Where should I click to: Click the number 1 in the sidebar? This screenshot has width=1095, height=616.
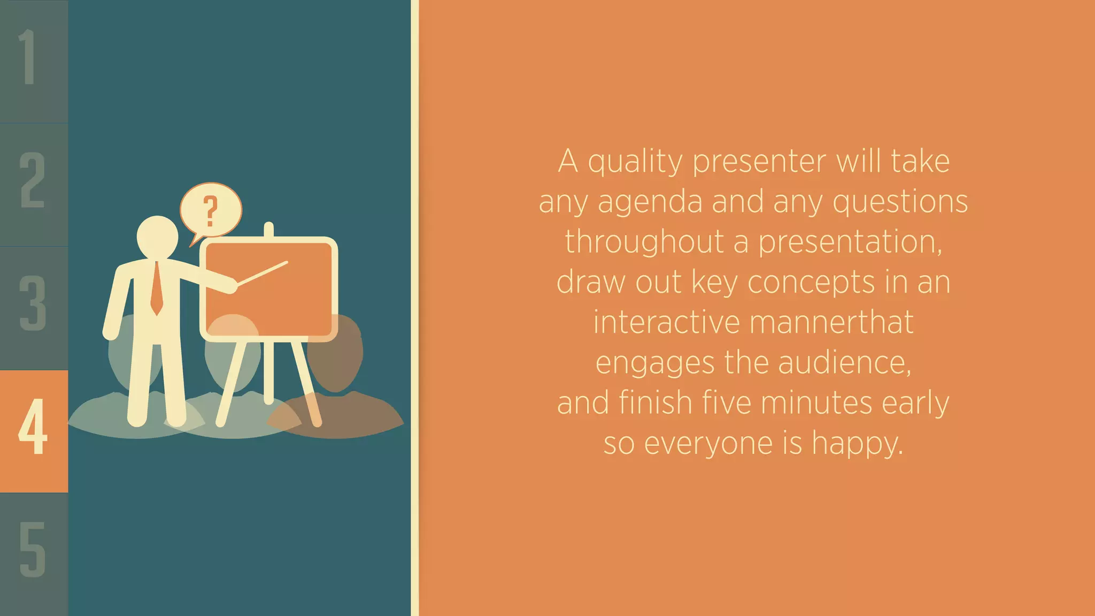click(28, 57)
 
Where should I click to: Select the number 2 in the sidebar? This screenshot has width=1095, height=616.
click(33, 180)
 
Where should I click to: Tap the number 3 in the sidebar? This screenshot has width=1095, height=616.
click(33, 303)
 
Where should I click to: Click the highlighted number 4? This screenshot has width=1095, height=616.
click(33, 427)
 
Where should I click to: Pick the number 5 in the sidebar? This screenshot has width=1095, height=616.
click(33, 550)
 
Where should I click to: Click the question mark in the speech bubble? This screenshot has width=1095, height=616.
click(211, 211)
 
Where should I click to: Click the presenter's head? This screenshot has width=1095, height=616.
click(157, 237)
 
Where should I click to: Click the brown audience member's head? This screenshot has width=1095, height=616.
click(336, 353)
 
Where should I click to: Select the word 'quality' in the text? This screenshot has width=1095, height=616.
click(635, 162)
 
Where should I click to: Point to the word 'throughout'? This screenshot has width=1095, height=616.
click(644, 242)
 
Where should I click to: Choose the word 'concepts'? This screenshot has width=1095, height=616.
click(811, 283)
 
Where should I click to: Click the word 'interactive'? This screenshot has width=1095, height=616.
click(667, 323)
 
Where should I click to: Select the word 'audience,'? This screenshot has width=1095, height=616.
click(845, 363)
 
